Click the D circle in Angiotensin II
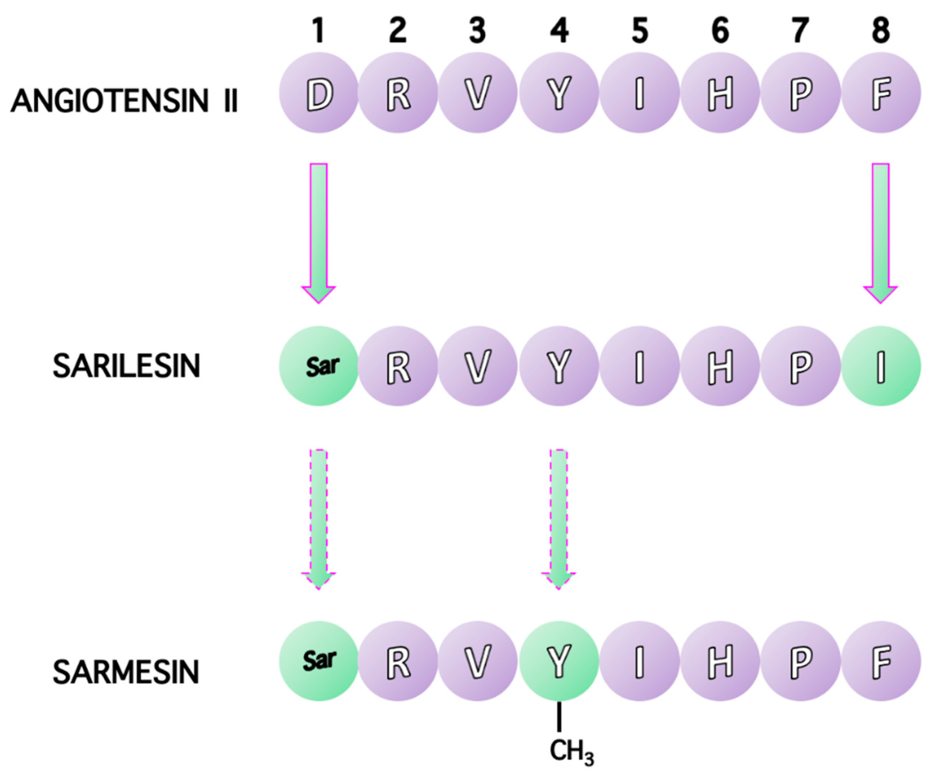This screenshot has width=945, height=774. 319,93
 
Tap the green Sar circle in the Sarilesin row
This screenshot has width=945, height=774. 319,366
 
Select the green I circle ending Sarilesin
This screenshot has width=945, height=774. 881,366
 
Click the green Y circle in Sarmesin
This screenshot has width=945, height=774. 559,661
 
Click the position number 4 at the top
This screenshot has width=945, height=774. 559,30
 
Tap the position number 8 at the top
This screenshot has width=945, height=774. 881,30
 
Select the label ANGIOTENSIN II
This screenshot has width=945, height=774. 124,101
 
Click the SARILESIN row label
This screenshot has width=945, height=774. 127,366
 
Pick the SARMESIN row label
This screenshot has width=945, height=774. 126,672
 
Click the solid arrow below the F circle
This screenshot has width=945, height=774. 880,232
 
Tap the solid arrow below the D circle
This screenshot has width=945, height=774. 319,232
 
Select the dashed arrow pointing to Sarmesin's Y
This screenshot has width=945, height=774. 559,517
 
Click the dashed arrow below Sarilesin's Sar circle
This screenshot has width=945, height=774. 319,517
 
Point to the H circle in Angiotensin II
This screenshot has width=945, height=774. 720,93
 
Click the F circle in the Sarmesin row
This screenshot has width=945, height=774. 881,661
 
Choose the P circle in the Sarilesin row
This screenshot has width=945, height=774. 800,366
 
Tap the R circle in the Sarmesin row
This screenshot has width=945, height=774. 398,661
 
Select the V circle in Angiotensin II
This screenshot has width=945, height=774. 478,93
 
